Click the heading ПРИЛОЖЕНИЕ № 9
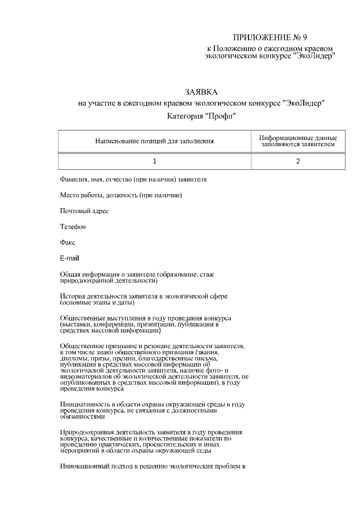(271, 38)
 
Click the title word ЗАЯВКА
(201, 92)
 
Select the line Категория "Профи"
(201, 116)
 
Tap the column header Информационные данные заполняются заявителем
(298, 141)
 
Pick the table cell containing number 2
(298, 161)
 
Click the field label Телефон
(73, 227)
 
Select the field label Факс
(68, 242)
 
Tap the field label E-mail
(70, 258)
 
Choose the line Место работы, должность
(120, 195)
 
